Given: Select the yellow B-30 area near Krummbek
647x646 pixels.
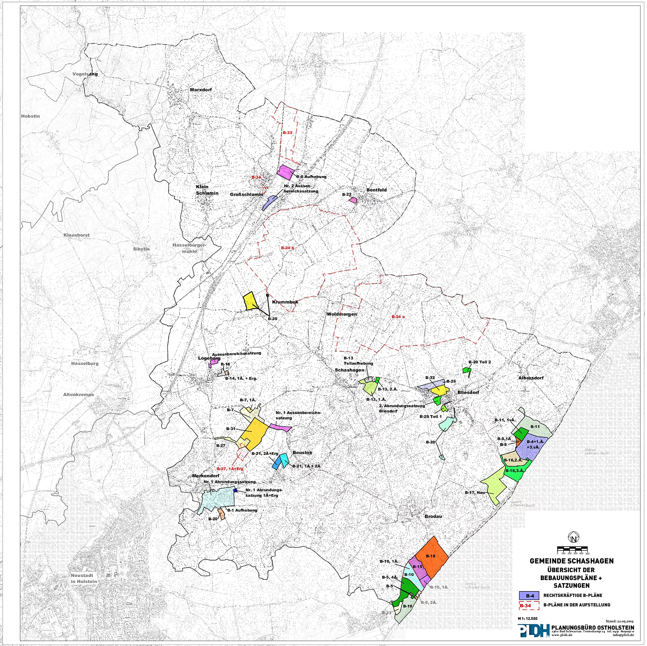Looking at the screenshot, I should (250, 301).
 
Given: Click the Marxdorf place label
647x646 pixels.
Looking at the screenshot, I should (201, 90).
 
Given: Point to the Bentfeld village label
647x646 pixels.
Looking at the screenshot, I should (376, 190).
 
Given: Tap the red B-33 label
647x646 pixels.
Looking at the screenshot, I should (287, 133).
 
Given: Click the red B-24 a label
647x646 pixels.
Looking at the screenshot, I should (398, 317).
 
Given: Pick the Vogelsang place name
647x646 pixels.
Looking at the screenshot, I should (85, 74).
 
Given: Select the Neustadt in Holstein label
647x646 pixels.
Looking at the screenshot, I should (84, 579).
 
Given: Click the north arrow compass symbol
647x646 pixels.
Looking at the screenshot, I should (573, 538).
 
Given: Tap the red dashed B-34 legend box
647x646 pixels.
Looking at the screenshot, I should (529, 606).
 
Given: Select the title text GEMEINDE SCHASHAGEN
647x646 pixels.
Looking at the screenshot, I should (572, 561).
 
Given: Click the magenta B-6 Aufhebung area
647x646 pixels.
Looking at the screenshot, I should (285, 172).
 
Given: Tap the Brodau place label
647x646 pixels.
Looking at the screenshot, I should (433, 516).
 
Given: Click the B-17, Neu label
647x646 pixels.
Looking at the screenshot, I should (475, 493).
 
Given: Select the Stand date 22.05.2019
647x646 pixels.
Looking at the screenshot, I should (619, 621).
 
